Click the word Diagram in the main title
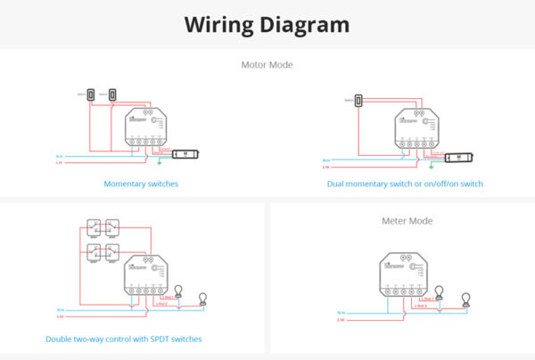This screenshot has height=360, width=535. [x=305, y=25]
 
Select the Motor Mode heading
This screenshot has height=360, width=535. [x=267, y=64]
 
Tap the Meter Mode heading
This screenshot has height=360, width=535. [x=407, y=219]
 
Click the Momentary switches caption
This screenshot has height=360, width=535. [x=141, y=184]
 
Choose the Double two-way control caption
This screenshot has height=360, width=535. [x=124, y=339]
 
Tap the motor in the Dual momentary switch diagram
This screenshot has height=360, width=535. [x=458, y=157]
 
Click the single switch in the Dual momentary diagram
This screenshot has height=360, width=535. [x=358, y=101]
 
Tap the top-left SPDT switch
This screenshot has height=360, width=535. [x=94, y=227]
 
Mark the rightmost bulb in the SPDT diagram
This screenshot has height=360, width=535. [x=202, y=297]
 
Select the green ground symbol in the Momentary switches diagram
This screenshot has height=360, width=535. [x=158, y=161]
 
